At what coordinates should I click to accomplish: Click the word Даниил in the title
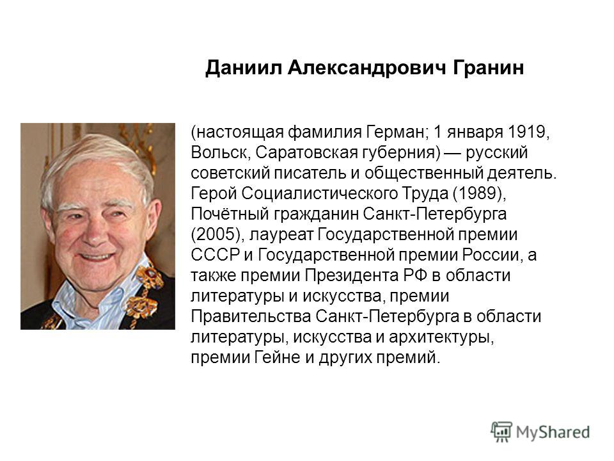click(243, 68)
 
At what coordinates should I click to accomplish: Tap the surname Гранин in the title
click(488, 68)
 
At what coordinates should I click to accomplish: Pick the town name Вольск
click(219, 152)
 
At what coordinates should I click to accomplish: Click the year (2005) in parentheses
click(216, 234)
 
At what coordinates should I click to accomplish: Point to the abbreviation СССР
click(215, 255)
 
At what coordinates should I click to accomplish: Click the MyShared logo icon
click(501, 432)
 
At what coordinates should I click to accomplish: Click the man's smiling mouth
click(96, 257)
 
